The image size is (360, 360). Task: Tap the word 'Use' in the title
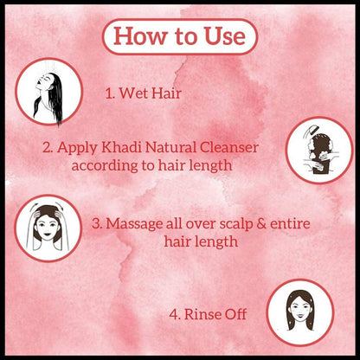[x=225, y=35]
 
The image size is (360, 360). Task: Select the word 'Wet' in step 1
[x=133, y=93]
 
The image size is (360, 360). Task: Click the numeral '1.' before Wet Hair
[x=110, y=93]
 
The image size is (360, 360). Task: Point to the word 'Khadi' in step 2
[x=121, y=147]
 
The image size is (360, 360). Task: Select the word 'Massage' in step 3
[x=134, y=224]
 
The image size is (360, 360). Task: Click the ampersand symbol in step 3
[x=261, y=224]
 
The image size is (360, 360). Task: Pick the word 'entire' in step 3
[x=290, y=223]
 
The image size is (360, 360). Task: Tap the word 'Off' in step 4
[x=235, y=314]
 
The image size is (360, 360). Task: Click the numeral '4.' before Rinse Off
[x=175, y=314]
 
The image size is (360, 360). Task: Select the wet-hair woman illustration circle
[x=48, y=92]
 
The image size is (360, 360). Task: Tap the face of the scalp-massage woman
[x=48, y=227]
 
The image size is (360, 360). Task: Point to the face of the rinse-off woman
[x=300, y=310]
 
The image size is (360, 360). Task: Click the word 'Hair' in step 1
[x=166, y=93]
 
